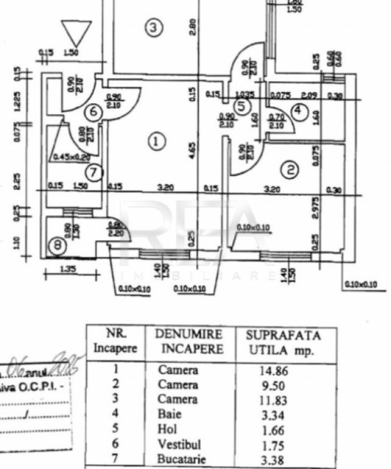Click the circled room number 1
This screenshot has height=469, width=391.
pyautogui.click(x=156, y=142)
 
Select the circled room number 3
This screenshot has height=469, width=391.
pyautogui.click(x=154, y=27)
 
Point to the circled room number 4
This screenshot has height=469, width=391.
pyautogui.click(x=298, y=111)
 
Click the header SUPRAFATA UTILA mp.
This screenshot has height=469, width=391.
pyautogui.click(x=282, y=343)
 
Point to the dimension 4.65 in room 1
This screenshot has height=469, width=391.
pyautogui.click(x=191, y=150)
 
